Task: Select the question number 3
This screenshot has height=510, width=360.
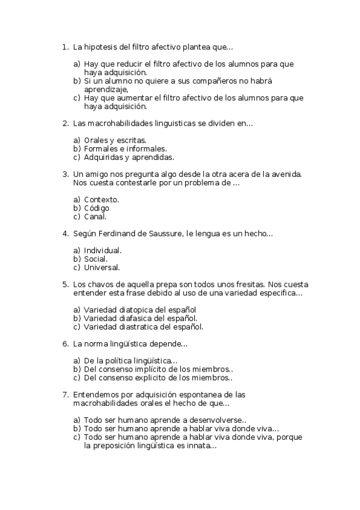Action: [x=65, y=174]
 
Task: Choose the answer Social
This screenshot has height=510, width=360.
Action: [x=96, y=259]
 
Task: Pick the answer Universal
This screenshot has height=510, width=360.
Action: [x=102, y=267]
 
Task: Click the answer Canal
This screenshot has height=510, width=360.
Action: [x=95, y=217]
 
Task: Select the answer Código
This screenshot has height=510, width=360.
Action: [x=97, y=208]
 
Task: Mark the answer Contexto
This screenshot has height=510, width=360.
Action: [x=101, y=199]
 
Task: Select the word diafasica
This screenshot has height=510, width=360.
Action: [x=135, y=318]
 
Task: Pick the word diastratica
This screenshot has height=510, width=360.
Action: [x=138, y=327]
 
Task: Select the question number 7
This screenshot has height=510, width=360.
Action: [x=65, y=395]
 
